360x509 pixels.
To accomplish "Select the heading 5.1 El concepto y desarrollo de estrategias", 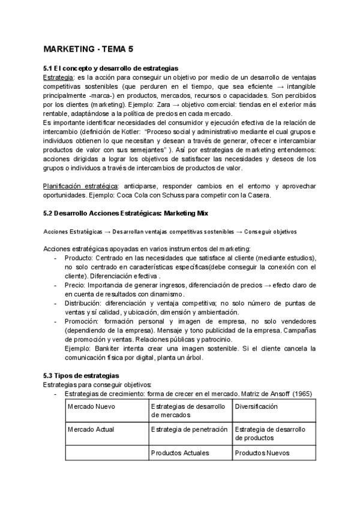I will [111, 68].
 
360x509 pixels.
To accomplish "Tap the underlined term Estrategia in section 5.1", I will [59, 77].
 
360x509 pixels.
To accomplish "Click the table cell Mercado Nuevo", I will [92, 406].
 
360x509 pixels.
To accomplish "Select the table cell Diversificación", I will [256, 406].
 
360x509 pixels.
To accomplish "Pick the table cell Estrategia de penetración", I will [190, 429].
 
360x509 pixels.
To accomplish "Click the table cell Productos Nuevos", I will [262, 453].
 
